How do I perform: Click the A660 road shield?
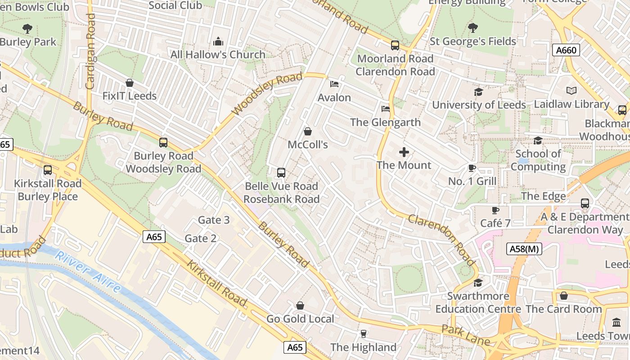click(x=566, y=50)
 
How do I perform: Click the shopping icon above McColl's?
click(x=308, y=131)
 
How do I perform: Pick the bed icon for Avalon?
click(x=334, y=84)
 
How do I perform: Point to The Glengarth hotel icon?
click(x=385, y=109)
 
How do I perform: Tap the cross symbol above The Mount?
click(x=404, y=152)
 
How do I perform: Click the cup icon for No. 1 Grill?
click(x=472, y=168)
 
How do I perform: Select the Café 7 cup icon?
click(x=495, y=210)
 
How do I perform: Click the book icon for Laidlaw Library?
click(x=571, y=91)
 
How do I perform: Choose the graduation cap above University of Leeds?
click(x=478, y=92)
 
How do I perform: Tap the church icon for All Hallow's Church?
click(x=218, y=42)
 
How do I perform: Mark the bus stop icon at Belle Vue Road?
click(x=281, y=173)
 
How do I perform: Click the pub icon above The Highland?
click(x=363, y=334)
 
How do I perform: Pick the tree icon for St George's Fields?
click(x=473, y=28)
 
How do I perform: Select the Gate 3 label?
click(x=214, y=220)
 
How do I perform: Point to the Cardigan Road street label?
click(x=90, y=50)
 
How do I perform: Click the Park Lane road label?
click(x=465, y=336)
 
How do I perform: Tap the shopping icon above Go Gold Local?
click(x=300, y=306)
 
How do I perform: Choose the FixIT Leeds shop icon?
click(x=130, y=83)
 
